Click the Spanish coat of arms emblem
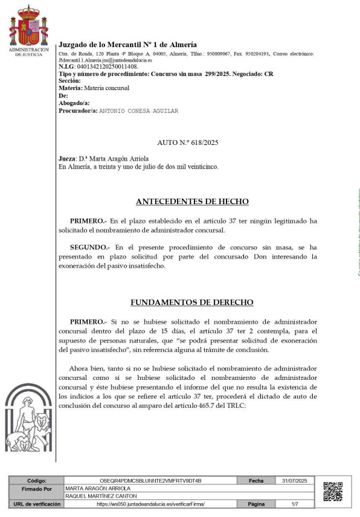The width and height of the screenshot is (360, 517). coord(28,26)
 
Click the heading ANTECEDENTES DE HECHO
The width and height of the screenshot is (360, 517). coord(192,202)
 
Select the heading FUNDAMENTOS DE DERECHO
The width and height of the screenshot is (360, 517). coord(192,303)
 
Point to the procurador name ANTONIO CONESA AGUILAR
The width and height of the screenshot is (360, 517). coord(138,111)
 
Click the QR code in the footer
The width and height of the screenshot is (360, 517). coord(333,492)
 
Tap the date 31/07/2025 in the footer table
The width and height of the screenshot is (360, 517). coord(295,481)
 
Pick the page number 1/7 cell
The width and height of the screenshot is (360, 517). coord(295,504)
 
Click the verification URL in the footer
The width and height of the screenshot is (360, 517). coord(151,504)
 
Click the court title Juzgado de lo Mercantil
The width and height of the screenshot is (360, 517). coord(127,45)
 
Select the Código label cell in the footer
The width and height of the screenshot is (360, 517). coord(37,481)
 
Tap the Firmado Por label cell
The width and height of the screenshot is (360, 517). coord(37,489)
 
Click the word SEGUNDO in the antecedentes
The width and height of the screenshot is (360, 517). coord(89,248)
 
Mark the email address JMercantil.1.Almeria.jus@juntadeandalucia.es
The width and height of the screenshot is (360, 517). coord(105,60)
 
